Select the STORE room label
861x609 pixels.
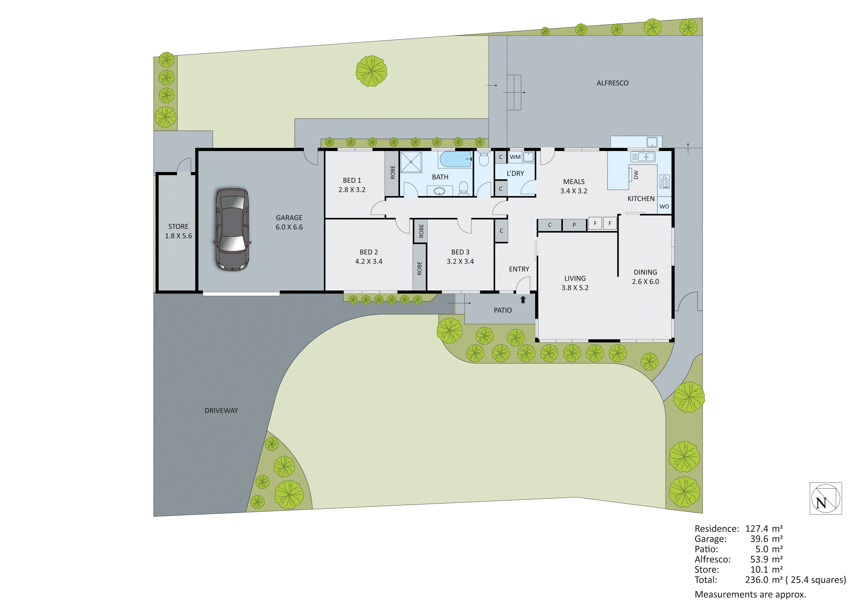click(x=178, y=227)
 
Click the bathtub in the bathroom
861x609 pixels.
click(x=455, y=159)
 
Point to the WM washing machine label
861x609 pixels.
click(x=515, y=157)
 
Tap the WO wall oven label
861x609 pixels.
click(x=664, y=206)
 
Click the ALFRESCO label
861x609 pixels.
click(x=612, y=83)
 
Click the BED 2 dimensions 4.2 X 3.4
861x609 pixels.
click(x=369, y=261)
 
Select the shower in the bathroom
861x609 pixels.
click(x=411, y=162)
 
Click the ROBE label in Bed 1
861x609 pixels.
click(x=393, y=172)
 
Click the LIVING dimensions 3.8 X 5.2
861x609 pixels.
click(x=575, y=288)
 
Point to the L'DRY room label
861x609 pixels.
click(x=515, y=173)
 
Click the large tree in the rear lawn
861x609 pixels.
click(x=371, y=71)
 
